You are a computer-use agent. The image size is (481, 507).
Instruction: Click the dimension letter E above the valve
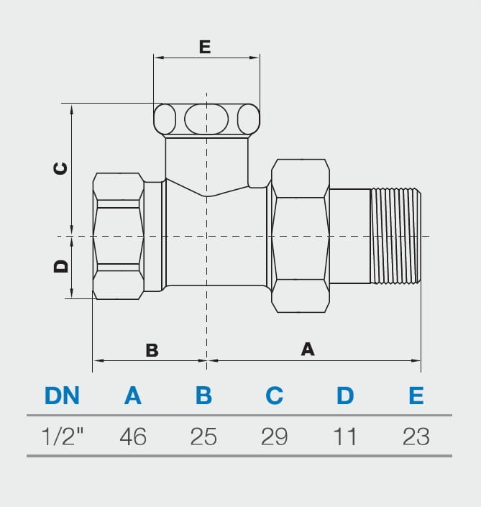[205, 47]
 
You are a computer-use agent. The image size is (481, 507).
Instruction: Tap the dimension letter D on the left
[61, 266]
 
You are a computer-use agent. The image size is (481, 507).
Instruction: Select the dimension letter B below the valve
[152, 350]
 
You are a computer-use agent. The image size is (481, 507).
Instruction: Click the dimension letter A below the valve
[308, 349]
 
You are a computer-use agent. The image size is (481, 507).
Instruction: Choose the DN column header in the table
[62, 396]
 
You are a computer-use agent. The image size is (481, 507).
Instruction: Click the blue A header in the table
[133, 396]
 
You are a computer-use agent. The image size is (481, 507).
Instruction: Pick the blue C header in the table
[274, 396]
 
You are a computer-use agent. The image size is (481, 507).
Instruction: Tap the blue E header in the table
[416, 396]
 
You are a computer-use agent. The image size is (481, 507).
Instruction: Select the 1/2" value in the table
[63, 437]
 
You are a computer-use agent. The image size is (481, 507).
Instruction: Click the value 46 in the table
[133, 437]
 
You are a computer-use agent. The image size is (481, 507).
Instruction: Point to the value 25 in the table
[203, 437]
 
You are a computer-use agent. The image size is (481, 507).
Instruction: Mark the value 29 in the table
[274, 437]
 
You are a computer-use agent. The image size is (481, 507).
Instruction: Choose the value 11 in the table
[345, 437]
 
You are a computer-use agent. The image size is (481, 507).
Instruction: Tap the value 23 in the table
[416, 437]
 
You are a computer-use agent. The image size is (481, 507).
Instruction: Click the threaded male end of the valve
[395, 236]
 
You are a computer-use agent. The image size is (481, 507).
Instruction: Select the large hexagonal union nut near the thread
[300, 236]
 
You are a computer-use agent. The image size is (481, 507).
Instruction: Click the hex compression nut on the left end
[119, 236]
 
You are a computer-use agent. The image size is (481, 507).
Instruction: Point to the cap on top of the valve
[206, 119]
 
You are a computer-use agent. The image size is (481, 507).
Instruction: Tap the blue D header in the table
[345, 396]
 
